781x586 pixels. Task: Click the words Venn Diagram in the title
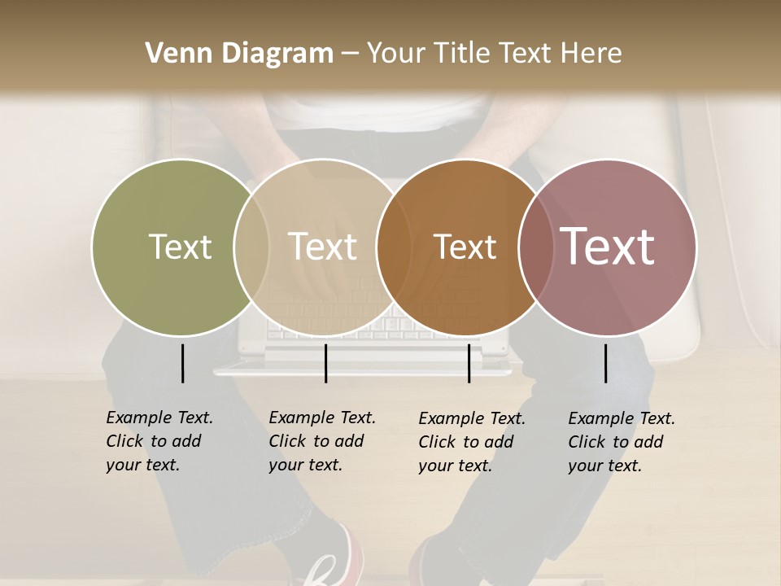(x=239, y=54)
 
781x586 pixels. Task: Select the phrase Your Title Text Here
(x=494, y=54)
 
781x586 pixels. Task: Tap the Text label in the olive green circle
(x=180, y=247)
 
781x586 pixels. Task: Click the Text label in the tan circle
(x=323, y=247)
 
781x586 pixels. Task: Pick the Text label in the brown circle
(x=465, y=247)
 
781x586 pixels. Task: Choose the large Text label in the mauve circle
(x=608, y=247)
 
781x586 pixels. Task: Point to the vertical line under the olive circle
(x=182, y=363)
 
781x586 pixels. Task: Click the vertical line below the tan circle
(x=325, y=363)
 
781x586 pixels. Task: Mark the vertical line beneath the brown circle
(x=469, y=363)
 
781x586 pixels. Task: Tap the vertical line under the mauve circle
(x=605, y=363)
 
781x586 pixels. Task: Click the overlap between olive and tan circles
(x=251, y=247)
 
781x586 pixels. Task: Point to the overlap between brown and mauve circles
(x=533, y=247)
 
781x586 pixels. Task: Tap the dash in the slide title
(x=350, y=54)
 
